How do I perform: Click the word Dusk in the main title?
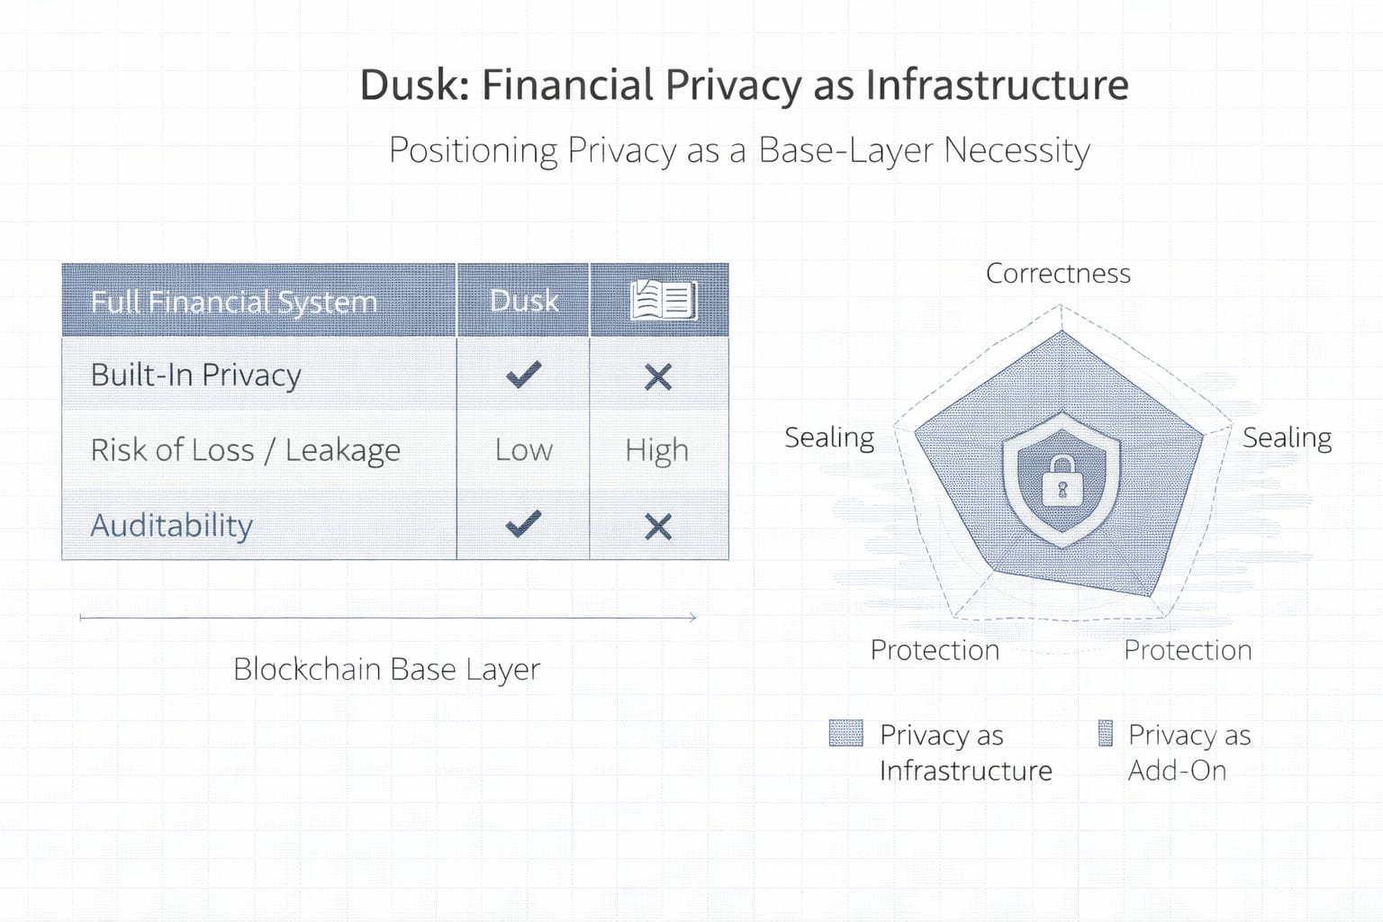coord(411,86)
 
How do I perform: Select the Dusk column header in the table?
coord(524,301)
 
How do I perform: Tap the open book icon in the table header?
coord(663,301)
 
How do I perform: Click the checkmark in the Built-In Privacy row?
coord(523,374)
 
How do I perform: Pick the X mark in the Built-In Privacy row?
coord(658,377)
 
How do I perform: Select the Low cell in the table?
coord(524,450)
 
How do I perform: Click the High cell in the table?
coord(657,450)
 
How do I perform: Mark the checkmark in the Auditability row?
coord(523,524)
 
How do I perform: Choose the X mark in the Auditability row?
coord(658,527)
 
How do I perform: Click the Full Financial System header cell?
coord(234,302)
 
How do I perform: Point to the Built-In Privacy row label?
coord(195,375)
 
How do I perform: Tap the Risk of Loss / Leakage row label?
coord(245,450)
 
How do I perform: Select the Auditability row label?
coord(171,525)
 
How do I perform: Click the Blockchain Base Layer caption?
coord(386,669)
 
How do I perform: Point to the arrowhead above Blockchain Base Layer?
coord(691,618)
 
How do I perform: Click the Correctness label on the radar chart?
coord(1058,273)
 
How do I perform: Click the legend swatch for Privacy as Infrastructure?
coord(845,734)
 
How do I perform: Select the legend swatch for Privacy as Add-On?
coord(1106,734)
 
